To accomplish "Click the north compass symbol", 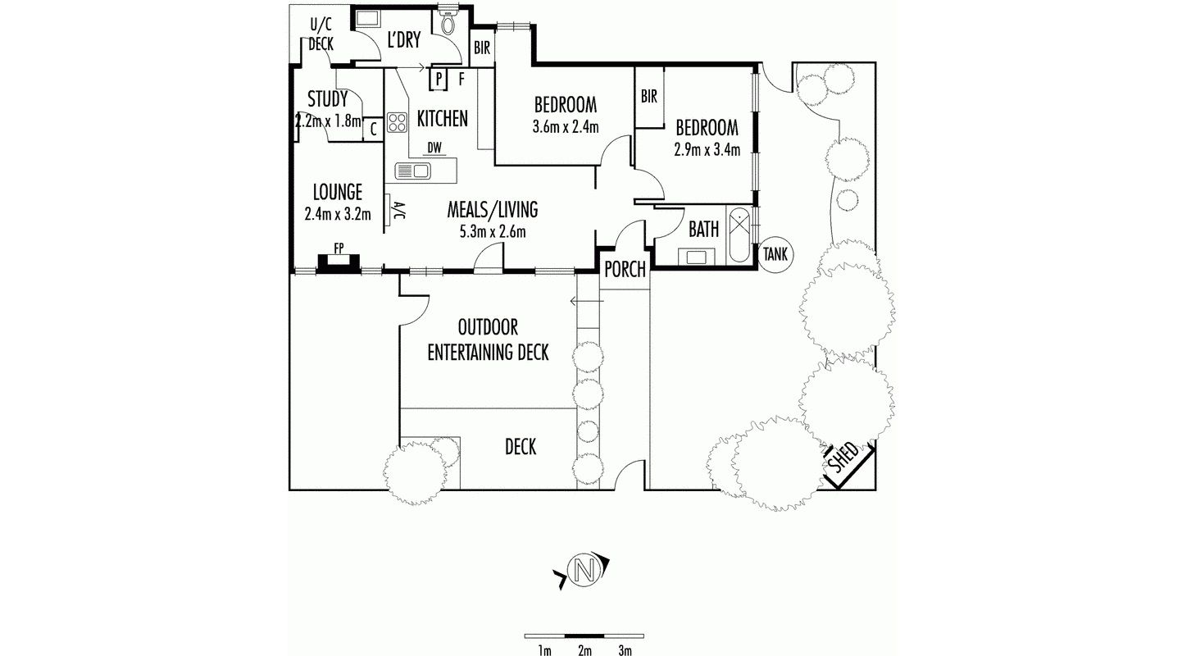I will click(x=583, y=569).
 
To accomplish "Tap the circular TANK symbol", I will click(x=775, y=254).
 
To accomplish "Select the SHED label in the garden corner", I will click(x=843, y=458).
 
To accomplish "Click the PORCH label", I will click(x=625, y=270).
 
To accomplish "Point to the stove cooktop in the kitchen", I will click(x=398, y=122).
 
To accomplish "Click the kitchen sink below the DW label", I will click(x=413, y=171).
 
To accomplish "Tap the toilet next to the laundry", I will click(x=448, y=24).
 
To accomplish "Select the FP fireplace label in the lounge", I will click(x=338, y=247).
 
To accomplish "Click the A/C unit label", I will click(x=399, y=211).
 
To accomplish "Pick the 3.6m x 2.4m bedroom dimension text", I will click(x=566, y=127).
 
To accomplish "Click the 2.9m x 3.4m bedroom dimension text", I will click(x=707, y=150).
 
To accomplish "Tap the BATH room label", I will click(x=703, y=230).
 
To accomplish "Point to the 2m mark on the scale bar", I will click(x=584, y=651).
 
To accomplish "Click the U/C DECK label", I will click(x=321, y=34).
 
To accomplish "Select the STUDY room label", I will click(x=328, y=99).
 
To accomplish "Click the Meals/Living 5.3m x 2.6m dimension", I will click(x=492, y=231).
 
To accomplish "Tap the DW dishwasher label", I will click(x=434, y=148).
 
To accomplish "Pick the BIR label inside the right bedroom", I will click(x=648, y=97).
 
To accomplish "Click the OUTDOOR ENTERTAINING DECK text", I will click(x=488, y=340).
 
